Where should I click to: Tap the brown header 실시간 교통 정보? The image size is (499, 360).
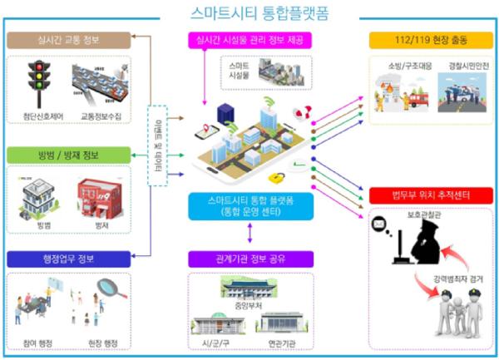67,39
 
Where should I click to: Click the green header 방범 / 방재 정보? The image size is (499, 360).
67,155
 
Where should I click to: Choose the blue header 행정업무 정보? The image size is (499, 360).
67,258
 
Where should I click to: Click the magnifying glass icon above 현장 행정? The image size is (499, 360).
108,290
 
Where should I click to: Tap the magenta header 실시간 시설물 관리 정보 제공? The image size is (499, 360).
249,39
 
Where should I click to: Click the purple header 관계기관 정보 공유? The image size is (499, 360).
250,259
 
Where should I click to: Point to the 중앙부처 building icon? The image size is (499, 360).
249,288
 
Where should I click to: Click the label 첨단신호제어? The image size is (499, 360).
37,116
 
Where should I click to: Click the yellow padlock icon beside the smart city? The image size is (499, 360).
278,177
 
